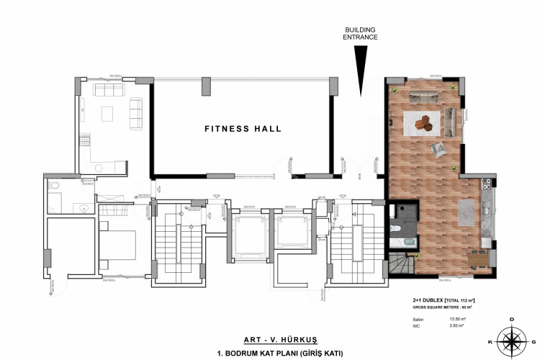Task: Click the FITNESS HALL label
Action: (243, 130)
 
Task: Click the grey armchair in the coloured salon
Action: (438, 148)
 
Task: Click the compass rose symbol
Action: (511, 338)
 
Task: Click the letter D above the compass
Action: (511, 318)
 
